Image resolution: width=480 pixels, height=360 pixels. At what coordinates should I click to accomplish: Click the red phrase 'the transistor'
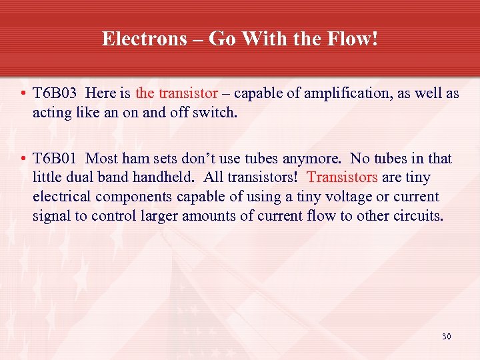point(177,93)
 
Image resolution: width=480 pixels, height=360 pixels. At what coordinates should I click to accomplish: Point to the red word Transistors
point(342,178)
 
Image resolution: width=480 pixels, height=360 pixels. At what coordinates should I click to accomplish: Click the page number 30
point(446,336)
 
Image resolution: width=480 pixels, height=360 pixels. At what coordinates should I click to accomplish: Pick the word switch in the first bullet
point(217,113)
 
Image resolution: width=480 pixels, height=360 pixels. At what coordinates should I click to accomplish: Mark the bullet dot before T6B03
point(23,94)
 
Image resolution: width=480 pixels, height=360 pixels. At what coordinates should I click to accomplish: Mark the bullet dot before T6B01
point(23,159)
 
